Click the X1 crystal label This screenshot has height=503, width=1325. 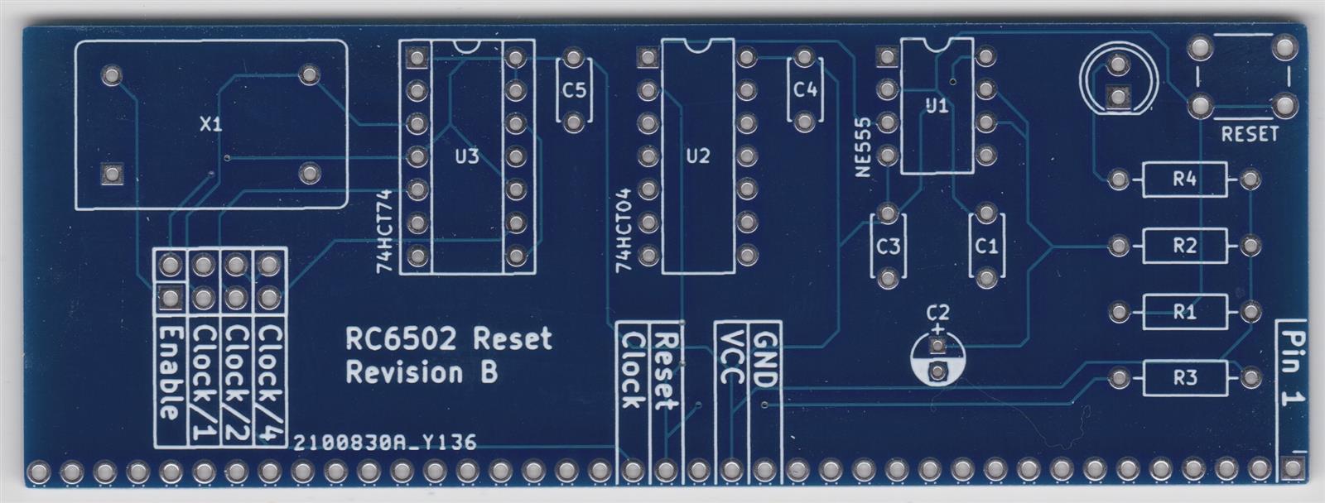pyautogui.click(x=211, y=125)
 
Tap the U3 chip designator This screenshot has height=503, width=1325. pyautogui.click(x=467, y=156)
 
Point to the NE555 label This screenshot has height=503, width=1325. pyautogui.click(x=864, y=146)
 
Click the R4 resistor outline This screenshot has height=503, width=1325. pyautogui.click(x=1184, y=180)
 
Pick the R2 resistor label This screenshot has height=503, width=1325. pyautogui.click(x=1184, y=246)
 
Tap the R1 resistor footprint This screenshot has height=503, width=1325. pyautogui.click(x=1184, y=312)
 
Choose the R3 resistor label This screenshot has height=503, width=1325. pyautogui.click(x=1184, y=378)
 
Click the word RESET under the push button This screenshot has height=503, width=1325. pyautogui.click(x=1250, y=134)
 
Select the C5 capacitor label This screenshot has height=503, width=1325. pyautogui.click(x=573, y=90)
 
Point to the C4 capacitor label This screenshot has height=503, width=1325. pyautogui.click(x=804, y=90)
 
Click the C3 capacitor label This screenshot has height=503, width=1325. pyautogui.click(x=888, y=247)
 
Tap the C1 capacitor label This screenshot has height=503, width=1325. pyautogui.click(x=986, y=247)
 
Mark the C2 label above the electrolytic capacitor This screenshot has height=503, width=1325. pyautogui.click(x=937, y=313)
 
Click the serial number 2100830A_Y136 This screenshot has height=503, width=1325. pyautogui.click(x=385, y=443)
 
